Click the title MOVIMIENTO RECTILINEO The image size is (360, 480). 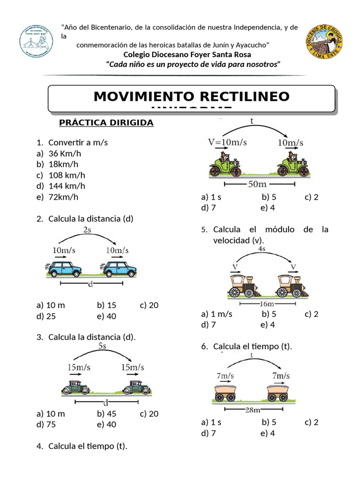click(x=191, y=97)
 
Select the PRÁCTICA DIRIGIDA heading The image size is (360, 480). click(x=106, y=123)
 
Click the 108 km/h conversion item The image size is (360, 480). click(x=67, y=175)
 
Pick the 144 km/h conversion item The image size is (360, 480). click(x=67, y=186)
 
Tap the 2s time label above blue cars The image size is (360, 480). click(x=87, y=230)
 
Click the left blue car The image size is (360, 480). click(x=66, y=269)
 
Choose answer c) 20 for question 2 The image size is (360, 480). click(x=149, y=306)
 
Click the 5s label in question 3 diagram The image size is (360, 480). click(x=103, y=346)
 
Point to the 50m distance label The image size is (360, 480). click(x=257, y=185)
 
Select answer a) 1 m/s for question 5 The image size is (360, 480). click(x=217, y=314)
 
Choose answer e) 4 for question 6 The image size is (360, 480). click(x=268, y=433)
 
